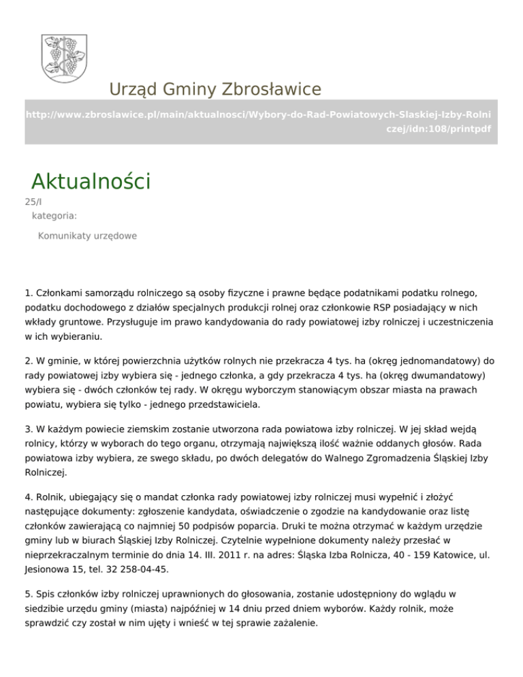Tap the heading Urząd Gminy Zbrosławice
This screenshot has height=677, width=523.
pyautogui.click(x=215, y=89)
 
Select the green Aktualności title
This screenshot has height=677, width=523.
pyautogui.click(x=91, y=182)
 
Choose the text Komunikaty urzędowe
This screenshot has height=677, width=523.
pyautogui.click(x=87, y=236)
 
